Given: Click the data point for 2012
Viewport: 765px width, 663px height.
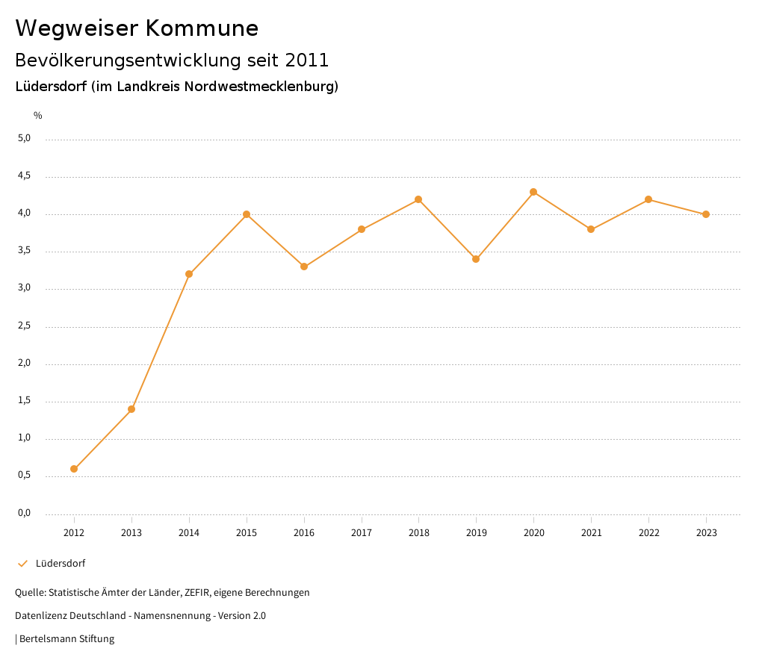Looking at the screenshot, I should pos(74,469).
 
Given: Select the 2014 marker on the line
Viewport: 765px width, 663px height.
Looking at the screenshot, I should pos(189,274).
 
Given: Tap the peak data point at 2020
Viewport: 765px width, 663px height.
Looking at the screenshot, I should pos(533,192).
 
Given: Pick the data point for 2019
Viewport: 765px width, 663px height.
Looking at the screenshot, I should pos(476,259).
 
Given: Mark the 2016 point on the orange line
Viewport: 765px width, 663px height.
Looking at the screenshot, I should pos(304,267).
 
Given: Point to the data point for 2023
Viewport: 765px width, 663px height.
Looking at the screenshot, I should pos(706,214).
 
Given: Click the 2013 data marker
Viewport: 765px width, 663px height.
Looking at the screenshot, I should pos(131,409).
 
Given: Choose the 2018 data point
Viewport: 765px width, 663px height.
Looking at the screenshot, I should pos(418,199).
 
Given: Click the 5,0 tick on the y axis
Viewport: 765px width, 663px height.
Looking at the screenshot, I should pos(25,138).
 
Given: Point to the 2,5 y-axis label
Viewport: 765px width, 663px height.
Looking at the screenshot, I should pos(25,326).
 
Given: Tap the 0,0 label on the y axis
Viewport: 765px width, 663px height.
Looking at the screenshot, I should pos(25,513).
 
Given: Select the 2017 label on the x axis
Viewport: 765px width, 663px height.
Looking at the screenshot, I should pos(362,533).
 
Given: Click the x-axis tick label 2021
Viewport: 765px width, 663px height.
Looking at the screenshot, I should pos(591,533).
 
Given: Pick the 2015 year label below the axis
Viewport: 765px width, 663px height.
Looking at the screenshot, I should pos(247,533).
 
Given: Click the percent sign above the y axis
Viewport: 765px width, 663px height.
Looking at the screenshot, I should pos(38,116).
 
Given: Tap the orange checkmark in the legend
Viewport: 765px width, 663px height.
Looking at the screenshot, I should pos(22,564).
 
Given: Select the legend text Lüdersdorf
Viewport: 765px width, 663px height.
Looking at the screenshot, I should pos(61,564).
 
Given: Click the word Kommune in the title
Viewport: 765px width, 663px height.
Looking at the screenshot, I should pos(202,28).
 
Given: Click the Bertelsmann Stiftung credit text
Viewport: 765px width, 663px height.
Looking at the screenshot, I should pos(66,639).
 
